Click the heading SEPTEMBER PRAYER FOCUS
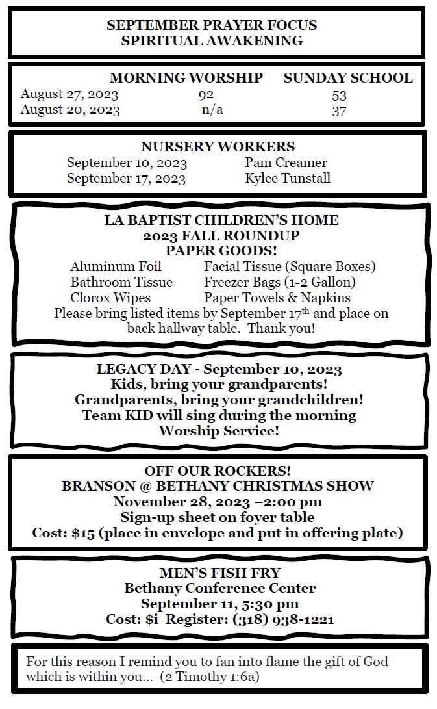pos(212,25)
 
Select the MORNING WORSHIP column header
pos(186,78)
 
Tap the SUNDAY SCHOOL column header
pos(347,78)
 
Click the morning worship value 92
pos(206,95)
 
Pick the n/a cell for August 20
pos(212,109)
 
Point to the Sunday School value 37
pos(339,110)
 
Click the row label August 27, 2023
pos(69,95)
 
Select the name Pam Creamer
pos(286,162)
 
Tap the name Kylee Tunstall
pos(288,178)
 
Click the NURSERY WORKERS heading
pos(218,147)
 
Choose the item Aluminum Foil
pos(116,266)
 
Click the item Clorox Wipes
pos(110,298)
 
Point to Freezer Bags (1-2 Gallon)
pos(280,282)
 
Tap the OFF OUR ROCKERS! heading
pos(218,471)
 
